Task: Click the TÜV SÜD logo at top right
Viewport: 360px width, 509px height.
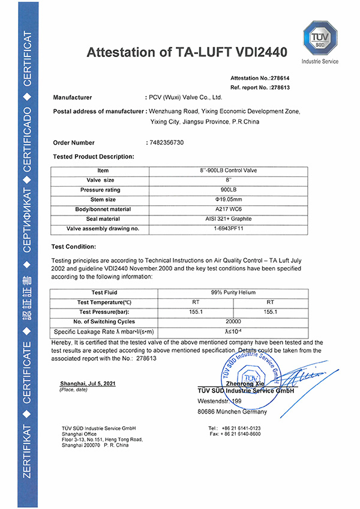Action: point(323,38)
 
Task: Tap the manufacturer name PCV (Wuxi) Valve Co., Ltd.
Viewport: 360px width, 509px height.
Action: point(186,97)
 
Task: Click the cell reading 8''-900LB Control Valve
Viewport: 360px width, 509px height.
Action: point(228,170)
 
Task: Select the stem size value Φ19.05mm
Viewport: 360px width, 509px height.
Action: point(228,199)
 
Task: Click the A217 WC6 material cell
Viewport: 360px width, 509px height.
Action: point(228,209)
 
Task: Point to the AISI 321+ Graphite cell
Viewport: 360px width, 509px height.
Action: point(228,218)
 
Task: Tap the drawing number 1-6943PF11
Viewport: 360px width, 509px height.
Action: point(228,228)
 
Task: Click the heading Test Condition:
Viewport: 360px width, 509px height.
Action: point(74,246)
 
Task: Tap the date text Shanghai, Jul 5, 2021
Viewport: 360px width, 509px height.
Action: point(88,383)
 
